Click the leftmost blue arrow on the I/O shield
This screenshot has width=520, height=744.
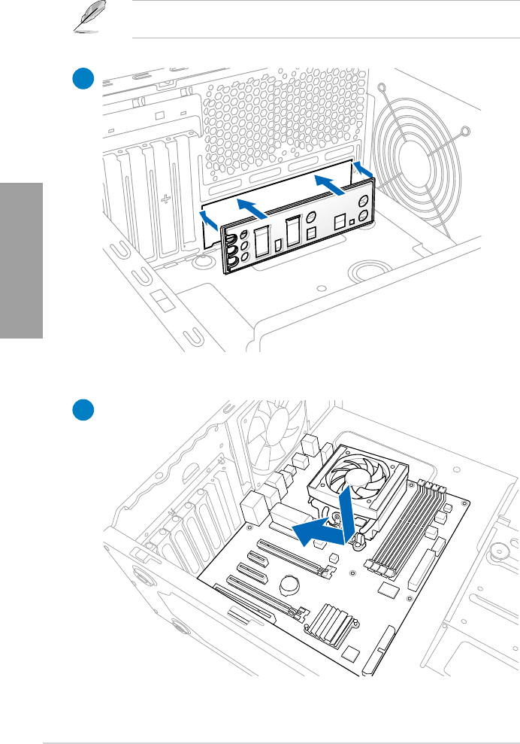click(212, 219)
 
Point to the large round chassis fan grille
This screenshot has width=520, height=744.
click(425, 157)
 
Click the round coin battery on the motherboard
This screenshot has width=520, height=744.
click(291, 585)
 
